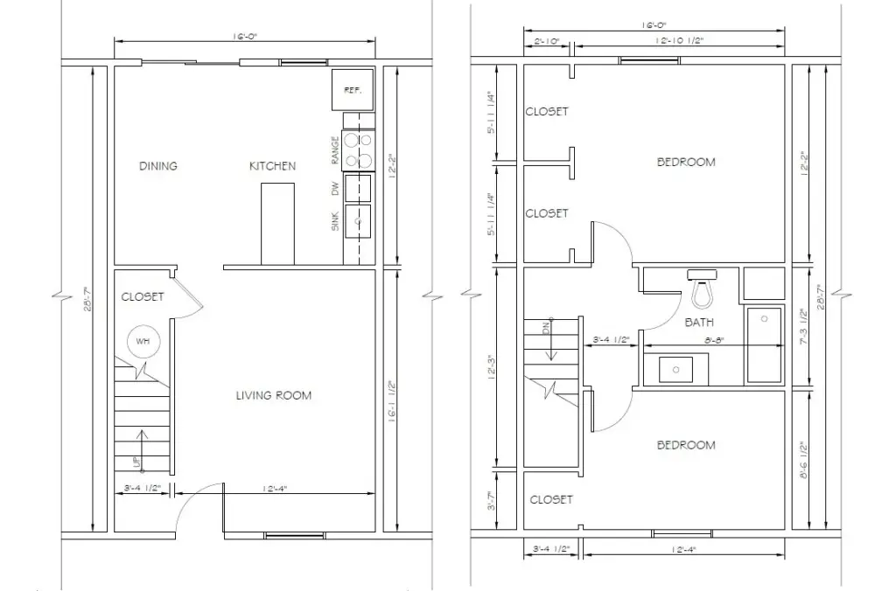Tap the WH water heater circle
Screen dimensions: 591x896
coord(143,342)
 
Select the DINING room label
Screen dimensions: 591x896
coord(158,166)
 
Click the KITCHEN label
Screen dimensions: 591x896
coord(272,166)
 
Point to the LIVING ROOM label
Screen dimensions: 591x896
coord(274,396)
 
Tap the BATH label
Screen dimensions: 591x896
coord(699,323)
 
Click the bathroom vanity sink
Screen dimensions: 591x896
coord(677,368)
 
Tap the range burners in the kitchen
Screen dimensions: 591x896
coord(359,149)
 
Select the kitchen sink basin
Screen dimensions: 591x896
coord(358,221)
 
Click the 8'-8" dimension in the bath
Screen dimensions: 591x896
coord(698,340)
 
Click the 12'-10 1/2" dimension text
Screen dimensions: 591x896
coord(679,41)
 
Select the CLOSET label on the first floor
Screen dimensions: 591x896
coord(143,297)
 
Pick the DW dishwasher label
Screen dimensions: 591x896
coord(335,187)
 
